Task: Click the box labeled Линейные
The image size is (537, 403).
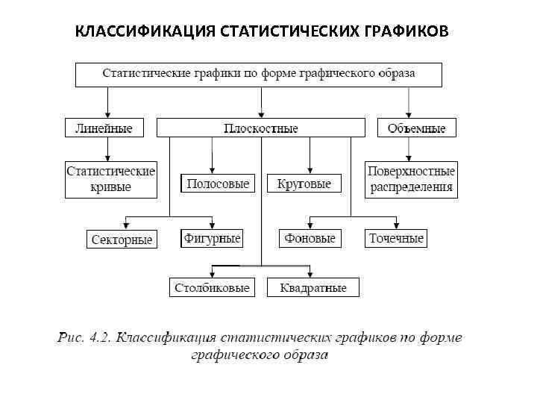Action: click(x=104, y=128)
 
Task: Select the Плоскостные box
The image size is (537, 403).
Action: click(x=260, y=128)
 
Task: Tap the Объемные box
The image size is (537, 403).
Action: click(x=416, y=128)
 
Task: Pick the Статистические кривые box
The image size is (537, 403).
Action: click(x=111, y=180)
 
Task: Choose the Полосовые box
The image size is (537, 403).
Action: click(x=218, y=184)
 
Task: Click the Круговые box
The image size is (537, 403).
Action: click(x=304, y=184)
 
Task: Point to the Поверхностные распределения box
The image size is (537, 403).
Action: click(x=411, y=180)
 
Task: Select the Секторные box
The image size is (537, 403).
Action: click(x=121, y=240)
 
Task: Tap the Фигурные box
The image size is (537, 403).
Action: click(x=212, y=239)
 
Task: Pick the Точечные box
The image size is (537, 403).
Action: click(x=396, y=239)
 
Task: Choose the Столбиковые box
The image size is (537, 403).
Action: click(x=212, y=287)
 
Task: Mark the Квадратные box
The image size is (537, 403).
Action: click(x=313, y=287)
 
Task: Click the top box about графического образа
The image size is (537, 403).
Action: click(x=258, y=75)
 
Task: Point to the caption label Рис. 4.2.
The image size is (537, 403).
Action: click(x=84, y=338)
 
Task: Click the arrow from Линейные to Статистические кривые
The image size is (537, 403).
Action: click(x=108, y=149)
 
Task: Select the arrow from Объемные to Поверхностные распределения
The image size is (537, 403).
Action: click(x=409, y=149)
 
